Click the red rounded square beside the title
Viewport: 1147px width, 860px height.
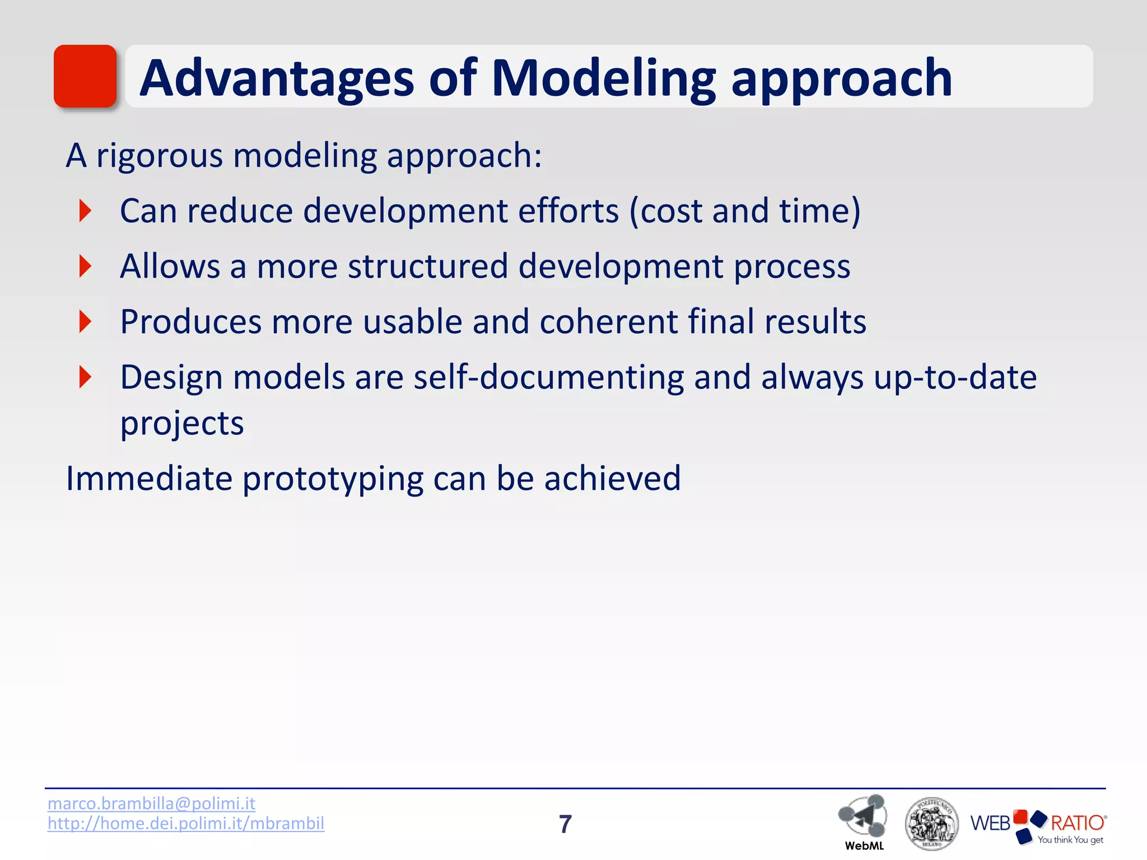pos(85,76)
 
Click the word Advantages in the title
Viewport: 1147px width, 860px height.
pos(277,78)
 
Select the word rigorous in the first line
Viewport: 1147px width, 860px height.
pos(159,156)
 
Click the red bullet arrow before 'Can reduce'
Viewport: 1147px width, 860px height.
pos(85,211)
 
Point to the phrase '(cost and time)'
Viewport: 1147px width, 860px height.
pos(744,211)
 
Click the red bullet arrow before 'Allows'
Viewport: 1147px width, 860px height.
pos(85,266)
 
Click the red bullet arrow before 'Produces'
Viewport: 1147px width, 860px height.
pos(85,321)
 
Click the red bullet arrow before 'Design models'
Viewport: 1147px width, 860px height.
pos(85,377)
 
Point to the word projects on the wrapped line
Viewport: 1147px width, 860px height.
pos(182,423)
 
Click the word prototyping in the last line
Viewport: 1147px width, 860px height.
pos(332,479)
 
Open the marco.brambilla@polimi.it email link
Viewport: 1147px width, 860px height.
pos(151,803)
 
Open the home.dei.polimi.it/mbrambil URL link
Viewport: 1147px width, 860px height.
pos(185,824)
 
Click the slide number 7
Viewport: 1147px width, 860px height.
pos(565,824)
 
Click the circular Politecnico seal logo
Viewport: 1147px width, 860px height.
pos(931,824)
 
